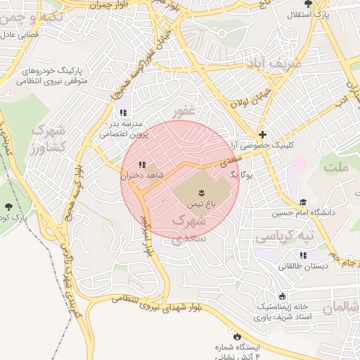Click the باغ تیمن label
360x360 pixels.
pyautogui.click(x=200, y=202)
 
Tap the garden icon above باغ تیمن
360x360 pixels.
pyautogui.click(x=200, y=191)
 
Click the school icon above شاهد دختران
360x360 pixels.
pyautogui.click(x=143, y=165)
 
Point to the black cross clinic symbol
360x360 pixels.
pyautogui.click(x=262, y=134)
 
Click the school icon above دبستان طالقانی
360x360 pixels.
pyautogui.click(x=303, y=256)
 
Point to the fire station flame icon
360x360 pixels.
pyautogui.click(x=236, y=335)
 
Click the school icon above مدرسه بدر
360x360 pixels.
pyautogui.click(x=124, y=112)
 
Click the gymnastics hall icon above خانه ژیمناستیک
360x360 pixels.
pyautogui.click(x=283, y=297)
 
